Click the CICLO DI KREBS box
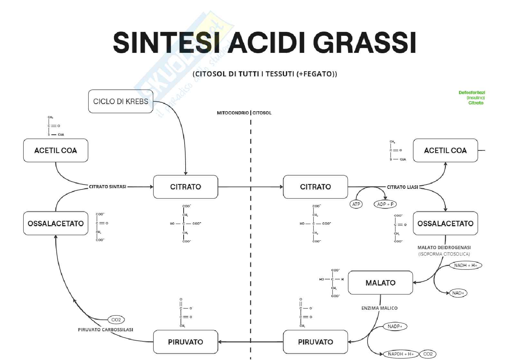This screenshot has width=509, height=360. [x=120, y=101]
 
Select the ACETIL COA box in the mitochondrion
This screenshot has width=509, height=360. [x=55, y=150]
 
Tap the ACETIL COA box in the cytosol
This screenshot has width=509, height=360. [x=445, y=150]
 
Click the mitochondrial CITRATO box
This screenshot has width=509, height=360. [x=186, y=187]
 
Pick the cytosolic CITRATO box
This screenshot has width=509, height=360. [x=315, y=187]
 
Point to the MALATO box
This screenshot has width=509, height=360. [x=380, y=283]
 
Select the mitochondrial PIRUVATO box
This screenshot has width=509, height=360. [x=186, y=342]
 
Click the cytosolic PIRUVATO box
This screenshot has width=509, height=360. [x=315, y=342]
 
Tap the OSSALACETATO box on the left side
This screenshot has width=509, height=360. [x=55, y=223]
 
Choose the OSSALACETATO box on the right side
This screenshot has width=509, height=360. [x=445, y=223]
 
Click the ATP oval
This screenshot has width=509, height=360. [x=356, y=204]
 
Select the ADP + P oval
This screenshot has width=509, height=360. [x=385, y=204]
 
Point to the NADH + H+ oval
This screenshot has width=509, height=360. [x=466, y=265]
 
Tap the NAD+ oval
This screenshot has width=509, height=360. [x=458, y=293]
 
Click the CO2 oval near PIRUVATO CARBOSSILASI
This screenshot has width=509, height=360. [x=116, y=320]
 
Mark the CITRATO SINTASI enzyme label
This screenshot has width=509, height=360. [x=108, y=187]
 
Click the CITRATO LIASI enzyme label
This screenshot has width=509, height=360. [x=402, y=187]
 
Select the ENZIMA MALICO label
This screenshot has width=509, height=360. [x=379, y=308]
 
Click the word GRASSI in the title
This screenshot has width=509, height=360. [x=364, y=43]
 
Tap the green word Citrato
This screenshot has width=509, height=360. [x=476, y=103]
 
